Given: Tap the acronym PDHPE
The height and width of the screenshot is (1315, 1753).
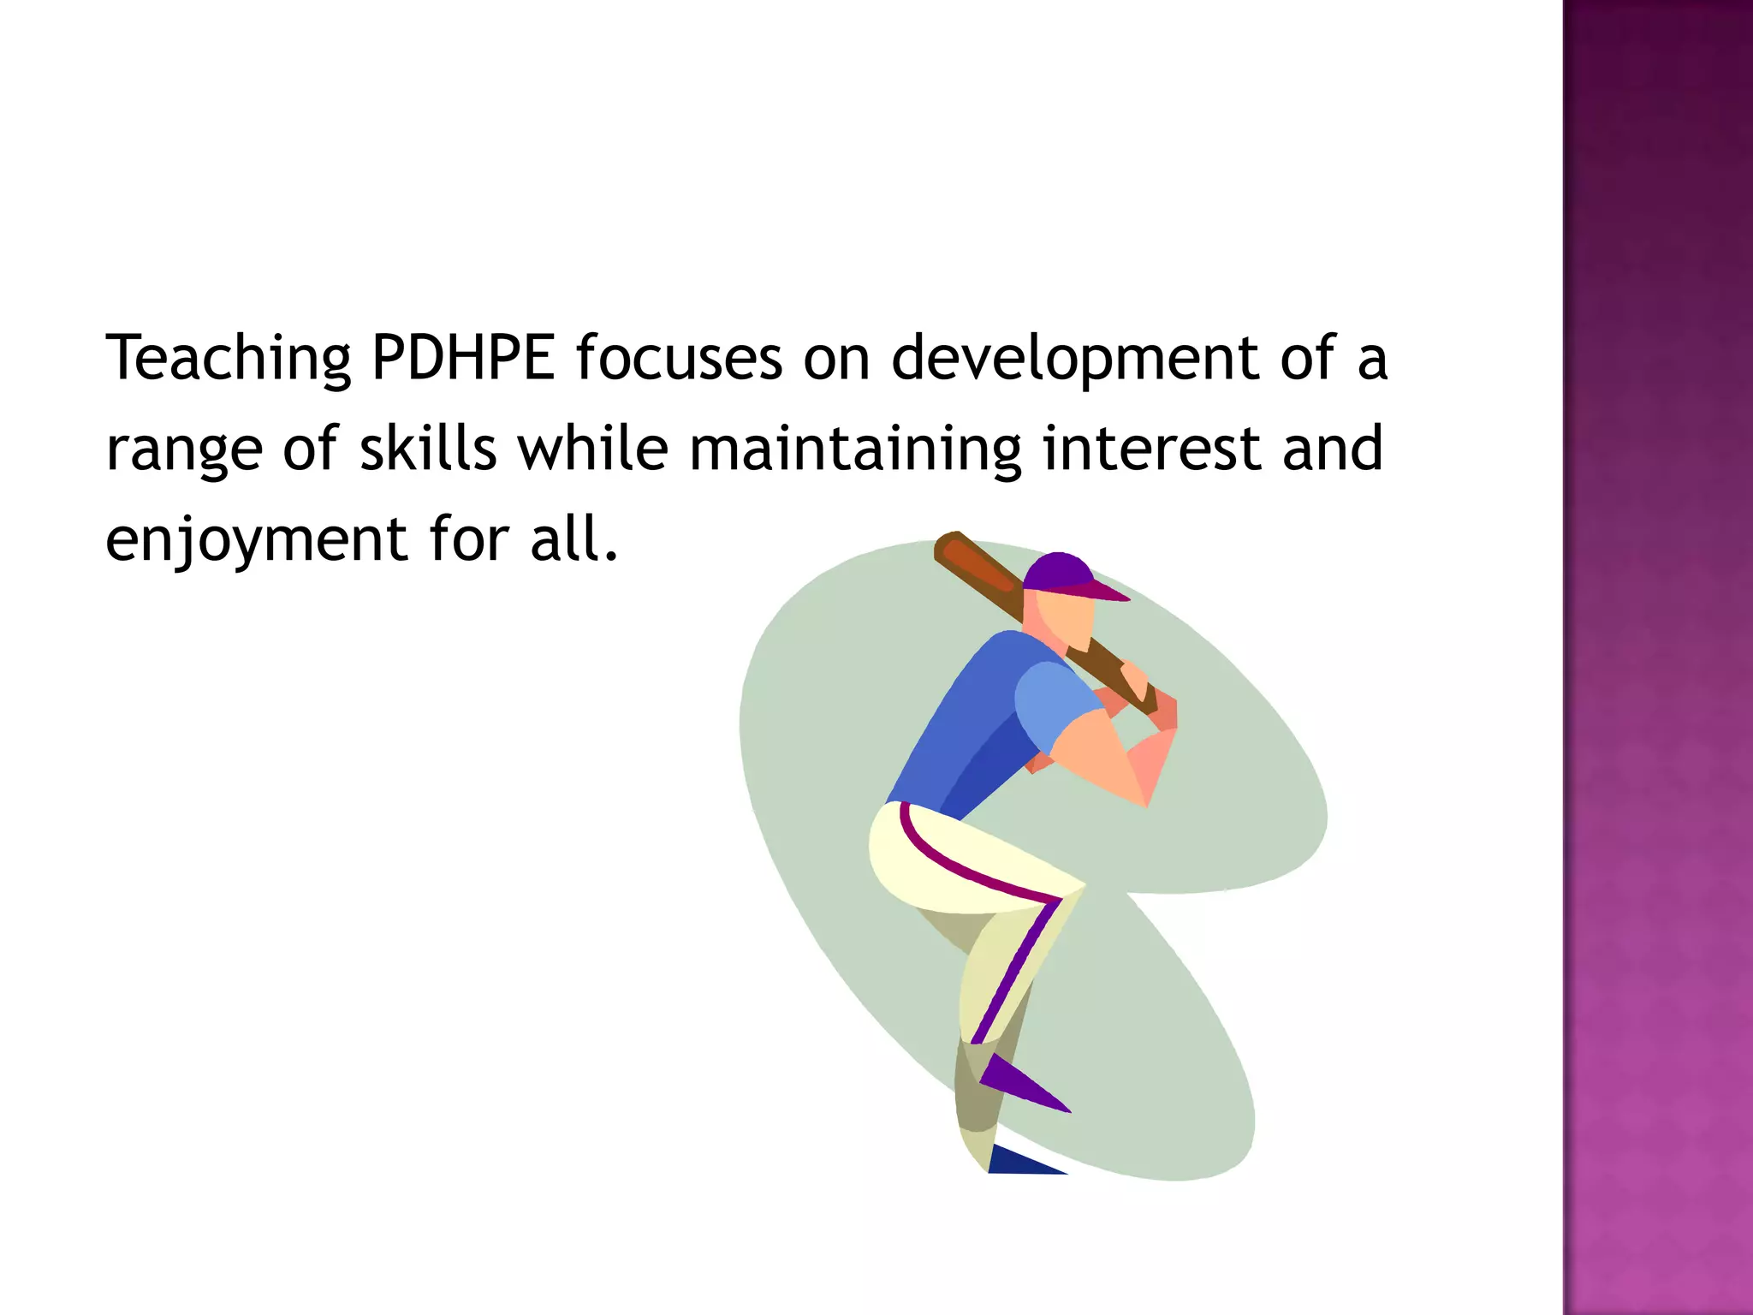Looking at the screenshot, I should (x=463, y=358).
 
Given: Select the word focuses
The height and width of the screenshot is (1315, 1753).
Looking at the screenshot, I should (x=678, y=358).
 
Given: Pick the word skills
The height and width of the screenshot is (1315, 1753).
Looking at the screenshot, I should (x=428, y=448).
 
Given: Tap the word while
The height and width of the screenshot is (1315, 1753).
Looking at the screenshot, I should (x=593, y=448).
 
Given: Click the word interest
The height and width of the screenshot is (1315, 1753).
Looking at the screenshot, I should (x=1152, y=449).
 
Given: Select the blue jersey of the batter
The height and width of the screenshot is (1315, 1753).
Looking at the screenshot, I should (x=976, y=719).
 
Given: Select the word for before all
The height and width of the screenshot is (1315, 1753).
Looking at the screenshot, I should (x=467, y=538).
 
